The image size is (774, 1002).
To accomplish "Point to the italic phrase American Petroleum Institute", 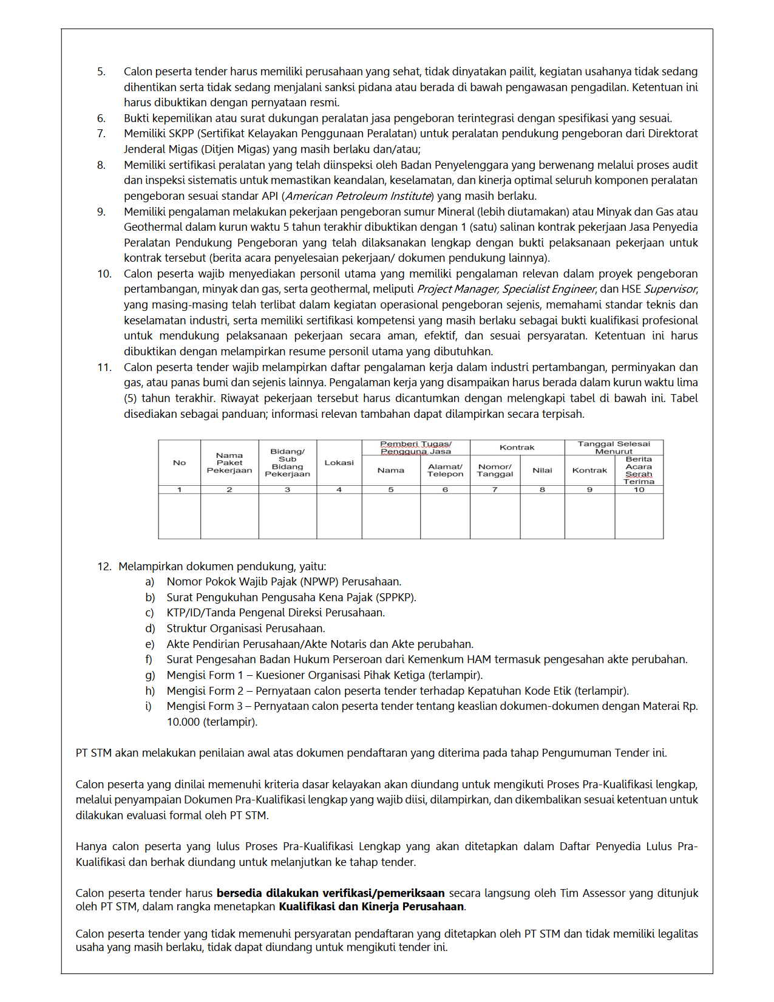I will point(359,196).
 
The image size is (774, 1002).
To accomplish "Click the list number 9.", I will point(101,212).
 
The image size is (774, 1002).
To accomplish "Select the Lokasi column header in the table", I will point(339,463).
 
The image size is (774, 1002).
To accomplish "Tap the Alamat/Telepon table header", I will point(445,470).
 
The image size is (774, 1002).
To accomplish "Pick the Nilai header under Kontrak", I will point(542,470).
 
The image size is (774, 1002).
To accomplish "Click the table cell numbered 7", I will point(495,489).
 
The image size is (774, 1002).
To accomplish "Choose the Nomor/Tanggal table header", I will point(495,470).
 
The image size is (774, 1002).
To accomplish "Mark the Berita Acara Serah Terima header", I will point(639,470).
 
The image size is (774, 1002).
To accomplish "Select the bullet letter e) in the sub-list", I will point(150,644).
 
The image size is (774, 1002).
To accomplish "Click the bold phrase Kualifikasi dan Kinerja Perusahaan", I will point(372,907).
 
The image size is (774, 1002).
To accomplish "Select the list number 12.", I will point(104,567).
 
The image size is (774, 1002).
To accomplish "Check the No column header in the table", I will point(179,463).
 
